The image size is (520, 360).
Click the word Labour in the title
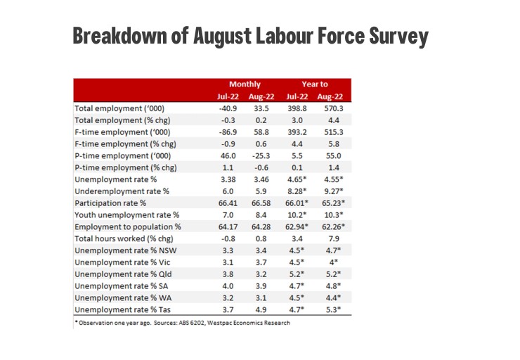285,35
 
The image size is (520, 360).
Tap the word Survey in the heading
399,37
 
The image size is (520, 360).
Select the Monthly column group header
245,84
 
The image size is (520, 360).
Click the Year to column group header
315,84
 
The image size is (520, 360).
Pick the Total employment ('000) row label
119,108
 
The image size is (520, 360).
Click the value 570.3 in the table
334,108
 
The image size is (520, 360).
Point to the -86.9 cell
228,132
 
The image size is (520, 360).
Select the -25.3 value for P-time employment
261,156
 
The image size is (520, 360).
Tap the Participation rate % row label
110,203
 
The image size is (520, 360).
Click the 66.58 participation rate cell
261,203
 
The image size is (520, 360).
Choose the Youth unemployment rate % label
126,215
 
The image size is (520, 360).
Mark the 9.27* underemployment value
334,191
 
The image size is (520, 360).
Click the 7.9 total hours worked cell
334,238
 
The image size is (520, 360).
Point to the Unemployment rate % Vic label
122,262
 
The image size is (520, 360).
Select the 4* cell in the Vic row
334,262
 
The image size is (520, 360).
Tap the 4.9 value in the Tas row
261,309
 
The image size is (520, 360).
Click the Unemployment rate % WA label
123,298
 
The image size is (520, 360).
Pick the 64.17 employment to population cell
228,227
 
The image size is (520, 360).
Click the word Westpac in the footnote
218,323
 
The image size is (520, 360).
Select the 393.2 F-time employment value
297,132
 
